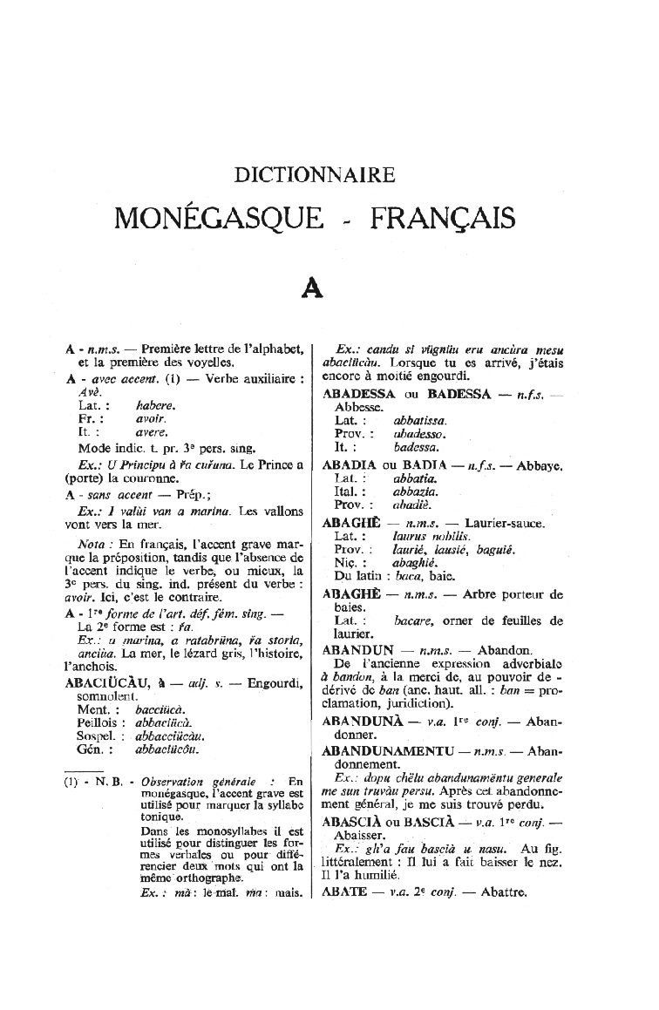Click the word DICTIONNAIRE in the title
[x=315, y=175]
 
